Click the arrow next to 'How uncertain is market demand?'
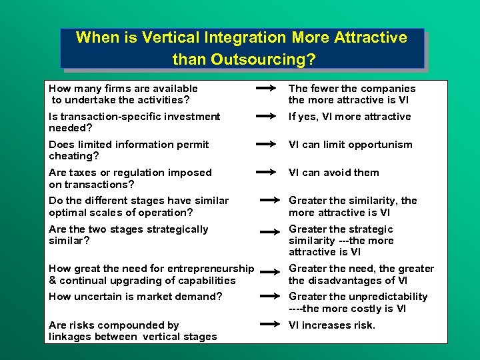click(270, 297)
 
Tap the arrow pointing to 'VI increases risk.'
click(270, 325)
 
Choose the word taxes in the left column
click(83, 173)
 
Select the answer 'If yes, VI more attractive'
click(349, 117)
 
